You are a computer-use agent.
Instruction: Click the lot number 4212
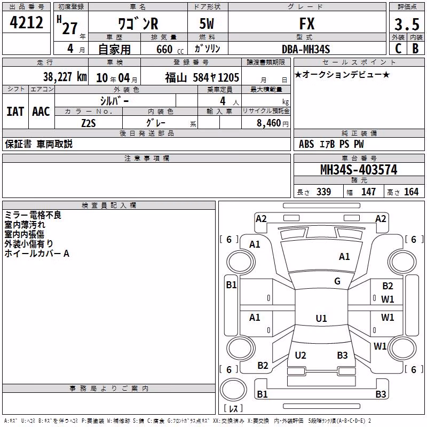(26, 22)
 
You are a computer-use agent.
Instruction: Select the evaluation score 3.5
(407, 24)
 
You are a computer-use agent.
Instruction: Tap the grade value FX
(307, 23)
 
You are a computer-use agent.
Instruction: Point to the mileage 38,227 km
(65, 77)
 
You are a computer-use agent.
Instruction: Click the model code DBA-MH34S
(306, 49)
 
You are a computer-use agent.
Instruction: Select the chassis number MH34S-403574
(359, 170)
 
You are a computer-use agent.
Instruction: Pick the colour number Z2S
(89, 123)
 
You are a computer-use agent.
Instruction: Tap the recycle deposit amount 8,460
(268, 123)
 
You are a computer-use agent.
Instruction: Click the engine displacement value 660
(164, 49)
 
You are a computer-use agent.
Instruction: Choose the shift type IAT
(15, 112)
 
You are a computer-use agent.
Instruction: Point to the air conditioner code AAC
(41, 112)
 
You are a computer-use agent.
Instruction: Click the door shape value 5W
(207, 23)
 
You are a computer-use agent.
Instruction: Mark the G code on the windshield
(337, 281)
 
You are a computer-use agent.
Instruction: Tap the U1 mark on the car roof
(321, 318)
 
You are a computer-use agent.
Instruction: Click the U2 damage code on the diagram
(301, 355)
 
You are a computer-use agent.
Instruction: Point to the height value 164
(411, 192)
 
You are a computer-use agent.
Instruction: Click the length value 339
(323, 192)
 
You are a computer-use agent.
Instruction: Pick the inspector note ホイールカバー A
(37, 254)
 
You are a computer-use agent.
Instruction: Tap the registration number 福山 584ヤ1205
(202, 77)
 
